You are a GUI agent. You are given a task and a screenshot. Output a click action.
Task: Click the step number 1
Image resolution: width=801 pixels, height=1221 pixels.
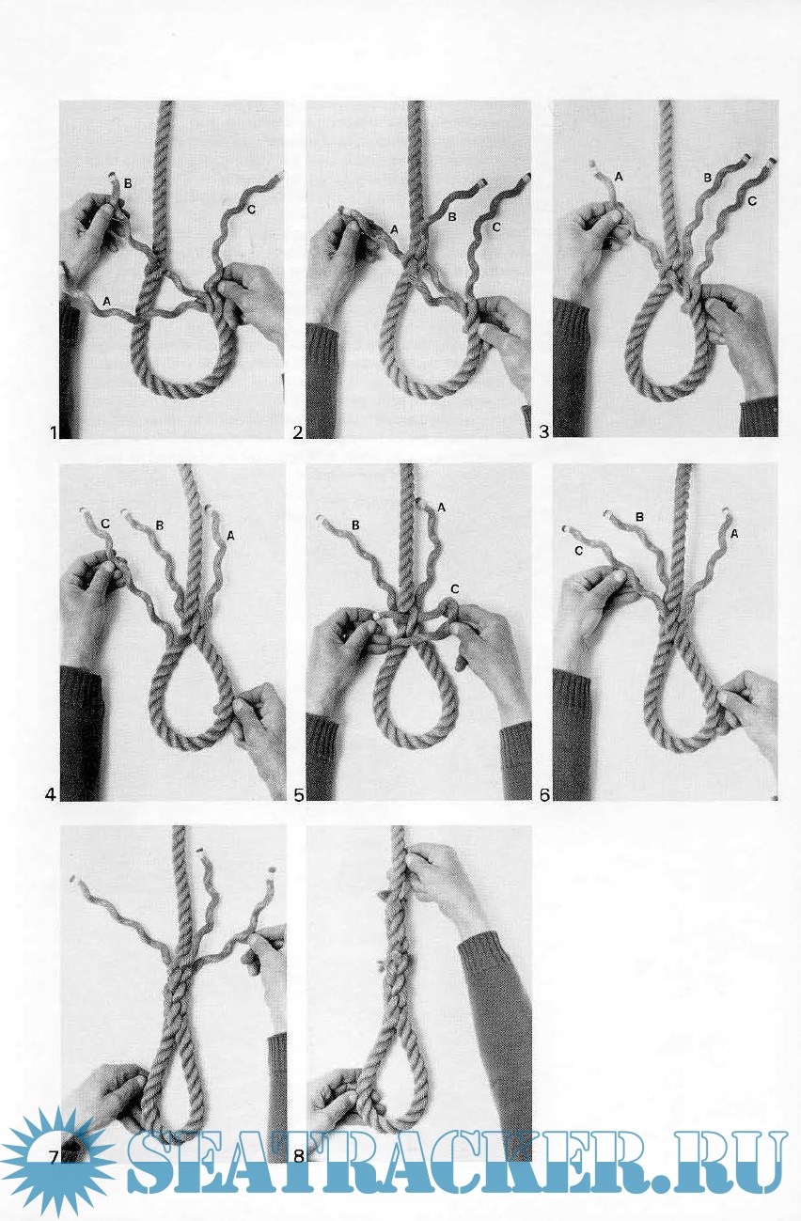54,432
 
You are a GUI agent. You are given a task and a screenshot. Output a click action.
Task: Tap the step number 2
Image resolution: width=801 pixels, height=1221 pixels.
298,432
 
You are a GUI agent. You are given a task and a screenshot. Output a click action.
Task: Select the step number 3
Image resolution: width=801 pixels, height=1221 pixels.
543,432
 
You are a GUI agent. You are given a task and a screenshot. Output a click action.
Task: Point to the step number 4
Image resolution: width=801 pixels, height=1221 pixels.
50,795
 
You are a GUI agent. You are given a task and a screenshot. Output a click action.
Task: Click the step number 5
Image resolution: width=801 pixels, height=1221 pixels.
298,795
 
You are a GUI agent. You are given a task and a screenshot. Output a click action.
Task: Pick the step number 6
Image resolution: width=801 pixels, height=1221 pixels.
544,795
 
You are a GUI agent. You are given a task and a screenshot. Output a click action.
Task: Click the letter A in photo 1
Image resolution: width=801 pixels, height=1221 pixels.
107,301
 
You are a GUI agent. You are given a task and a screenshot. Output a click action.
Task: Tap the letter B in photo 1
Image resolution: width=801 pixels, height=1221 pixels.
128,183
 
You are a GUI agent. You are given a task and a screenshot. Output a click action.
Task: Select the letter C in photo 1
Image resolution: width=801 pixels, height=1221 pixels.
251,209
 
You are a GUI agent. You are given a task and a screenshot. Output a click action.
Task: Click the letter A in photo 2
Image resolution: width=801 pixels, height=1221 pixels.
395,230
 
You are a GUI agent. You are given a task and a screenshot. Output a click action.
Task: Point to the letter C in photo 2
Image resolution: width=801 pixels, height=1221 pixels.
496,227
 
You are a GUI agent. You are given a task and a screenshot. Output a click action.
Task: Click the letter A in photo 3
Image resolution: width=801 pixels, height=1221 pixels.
619,177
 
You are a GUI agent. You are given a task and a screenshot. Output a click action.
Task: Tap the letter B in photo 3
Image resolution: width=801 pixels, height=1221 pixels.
708,178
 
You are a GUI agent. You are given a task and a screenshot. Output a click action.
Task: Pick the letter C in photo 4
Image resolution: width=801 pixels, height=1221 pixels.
105,524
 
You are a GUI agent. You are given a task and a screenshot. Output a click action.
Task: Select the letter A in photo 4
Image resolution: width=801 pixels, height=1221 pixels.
230,536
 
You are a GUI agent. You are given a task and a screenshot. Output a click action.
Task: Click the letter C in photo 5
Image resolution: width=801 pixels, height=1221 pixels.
455,588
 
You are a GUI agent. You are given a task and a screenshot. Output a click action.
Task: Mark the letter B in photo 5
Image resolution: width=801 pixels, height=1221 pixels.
355,525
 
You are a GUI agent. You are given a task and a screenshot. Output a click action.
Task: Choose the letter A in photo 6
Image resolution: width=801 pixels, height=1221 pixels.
734,534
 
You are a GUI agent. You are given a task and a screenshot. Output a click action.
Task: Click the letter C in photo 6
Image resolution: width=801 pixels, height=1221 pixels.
578,551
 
